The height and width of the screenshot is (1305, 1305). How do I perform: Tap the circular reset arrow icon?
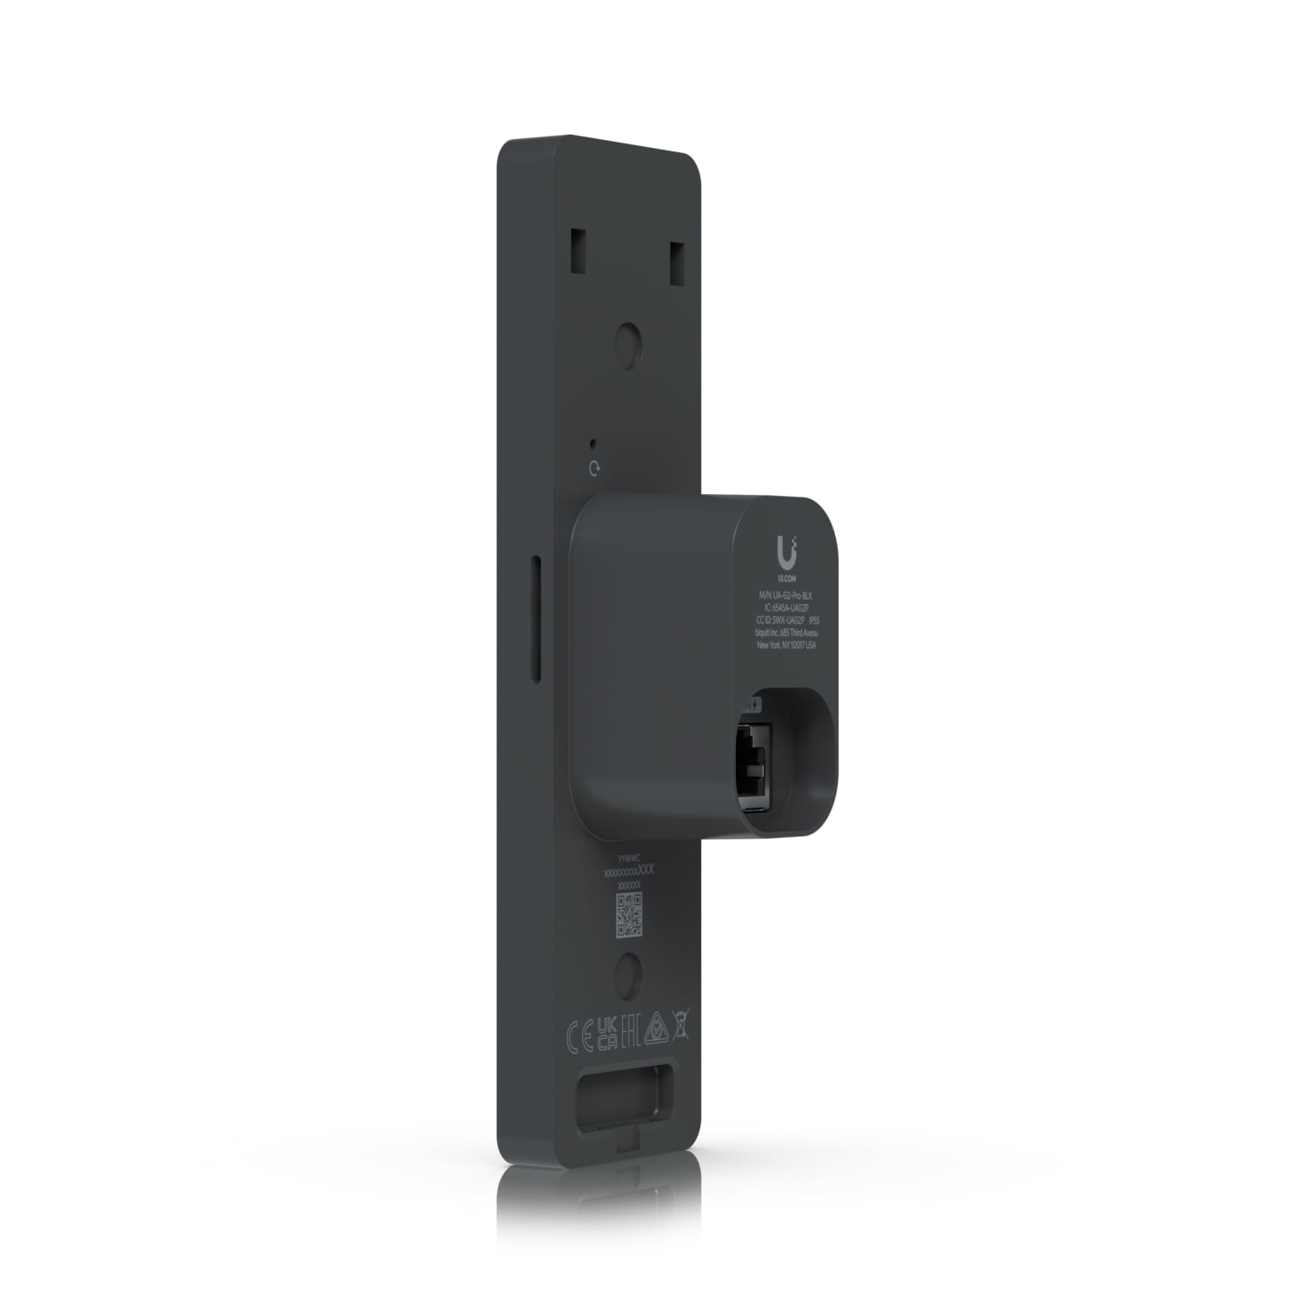(x=594, y=469)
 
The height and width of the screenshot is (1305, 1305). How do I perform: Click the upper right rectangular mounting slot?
(x=677, y=255)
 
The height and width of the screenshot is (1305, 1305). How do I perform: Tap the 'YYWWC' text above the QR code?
(x=626, y=857)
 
